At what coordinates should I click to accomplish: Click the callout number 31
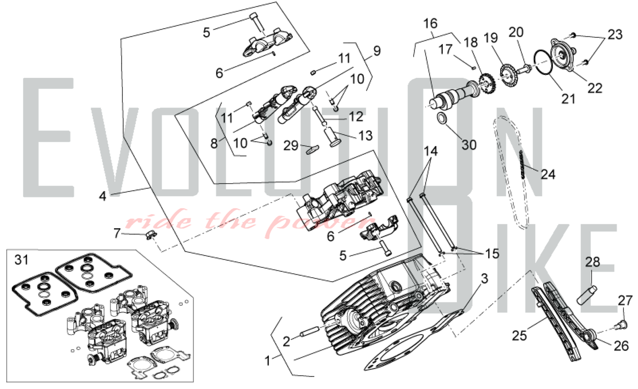[x=22, y=260]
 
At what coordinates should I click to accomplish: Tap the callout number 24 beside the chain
[x=548, y=174]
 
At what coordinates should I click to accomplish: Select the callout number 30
[x=469, y=145]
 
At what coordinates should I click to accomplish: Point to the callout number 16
[x=430, y=23]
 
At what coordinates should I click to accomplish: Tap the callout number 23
[x=615, y=34]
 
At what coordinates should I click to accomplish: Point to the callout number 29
[x=291, y=146]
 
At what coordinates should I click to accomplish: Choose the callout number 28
[x=592, y=262]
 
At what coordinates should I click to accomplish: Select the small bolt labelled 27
[x=621, y=325]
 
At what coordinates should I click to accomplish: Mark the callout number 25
[x=519, y=336]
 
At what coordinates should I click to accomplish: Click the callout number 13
[x=365, y=136]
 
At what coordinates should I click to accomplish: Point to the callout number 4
[x=102, y=196]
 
